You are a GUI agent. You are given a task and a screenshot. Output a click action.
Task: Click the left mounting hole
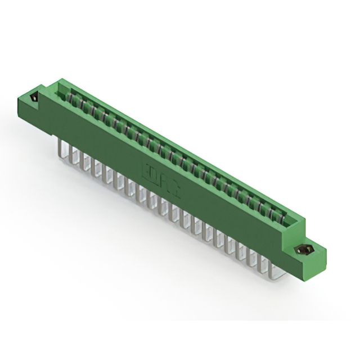(x=34, y=98)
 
